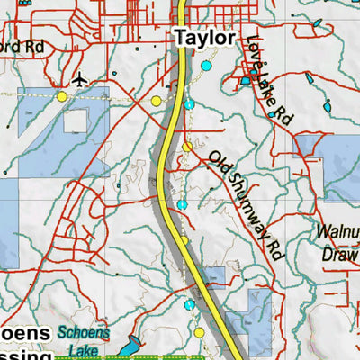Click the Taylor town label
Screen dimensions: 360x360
[x=204, y=39]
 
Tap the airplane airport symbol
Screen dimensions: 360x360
[x=80, y=79]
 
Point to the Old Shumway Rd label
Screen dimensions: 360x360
[x=246, y=206]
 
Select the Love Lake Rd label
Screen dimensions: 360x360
[x=269, y=77]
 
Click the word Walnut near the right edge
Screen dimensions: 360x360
[x=337, y=231]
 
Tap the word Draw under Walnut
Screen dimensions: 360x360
[x=339, y=254]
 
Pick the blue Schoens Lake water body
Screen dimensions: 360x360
[x=131, y=345]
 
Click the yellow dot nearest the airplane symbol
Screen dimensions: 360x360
[x=62, y=95]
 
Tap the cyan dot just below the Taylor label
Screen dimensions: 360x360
[x=206, y=66]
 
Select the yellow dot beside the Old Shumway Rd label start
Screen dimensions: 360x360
[x=187, y=147]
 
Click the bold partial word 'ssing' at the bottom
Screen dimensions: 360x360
[x=18, y=354]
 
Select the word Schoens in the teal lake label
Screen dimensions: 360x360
[x=84, y=332]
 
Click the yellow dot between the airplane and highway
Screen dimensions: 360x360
[x=157, y=101]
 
